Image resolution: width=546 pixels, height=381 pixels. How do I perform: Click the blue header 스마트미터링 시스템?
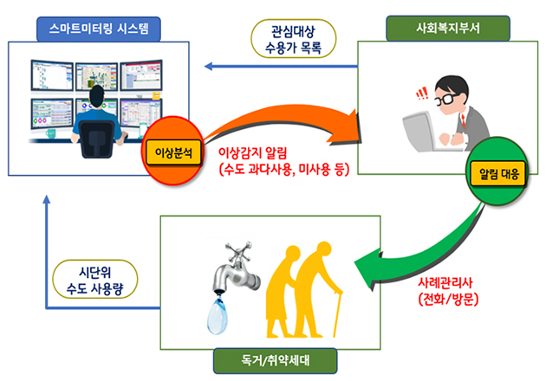coord(99,29)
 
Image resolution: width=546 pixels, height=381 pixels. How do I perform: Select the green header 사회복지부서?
coord(448,28)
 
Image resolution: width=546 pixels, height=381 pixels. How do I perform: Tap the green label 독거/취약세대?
coord(275,361)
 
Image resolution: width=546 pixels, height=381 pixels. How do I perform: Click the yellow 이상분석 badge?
coord(173,152)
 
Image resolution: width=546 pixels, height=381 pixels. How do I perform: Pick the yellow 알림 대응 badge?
coord(498,174)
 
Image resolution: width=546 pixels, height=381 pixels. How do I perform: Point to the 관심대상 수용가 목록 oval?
coord(294,39)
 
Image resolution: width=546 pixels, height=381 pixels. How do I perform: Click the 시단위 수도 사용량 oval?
coord(94,280)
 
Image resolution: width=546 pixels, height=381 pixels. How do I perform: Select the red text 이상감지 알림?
coord(252,153)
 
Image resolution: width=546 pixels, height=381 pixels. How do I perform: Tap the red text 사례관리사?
coord(445,282)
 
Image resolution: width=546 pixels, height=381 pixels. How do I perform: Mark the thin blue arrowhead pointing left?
coord(209,66)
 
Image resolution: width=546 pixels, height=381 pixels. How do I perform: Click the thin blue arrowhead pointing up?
coord(46,199)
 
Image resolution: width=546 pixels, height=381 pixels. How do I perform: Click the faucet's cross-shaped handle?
coord(238,251)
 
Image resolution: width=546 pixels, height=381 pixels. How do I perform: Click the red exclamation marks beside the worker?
coord(422,93)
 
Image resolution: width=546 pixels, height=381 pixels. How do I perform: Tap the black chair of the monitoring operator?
coord(97,139)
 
